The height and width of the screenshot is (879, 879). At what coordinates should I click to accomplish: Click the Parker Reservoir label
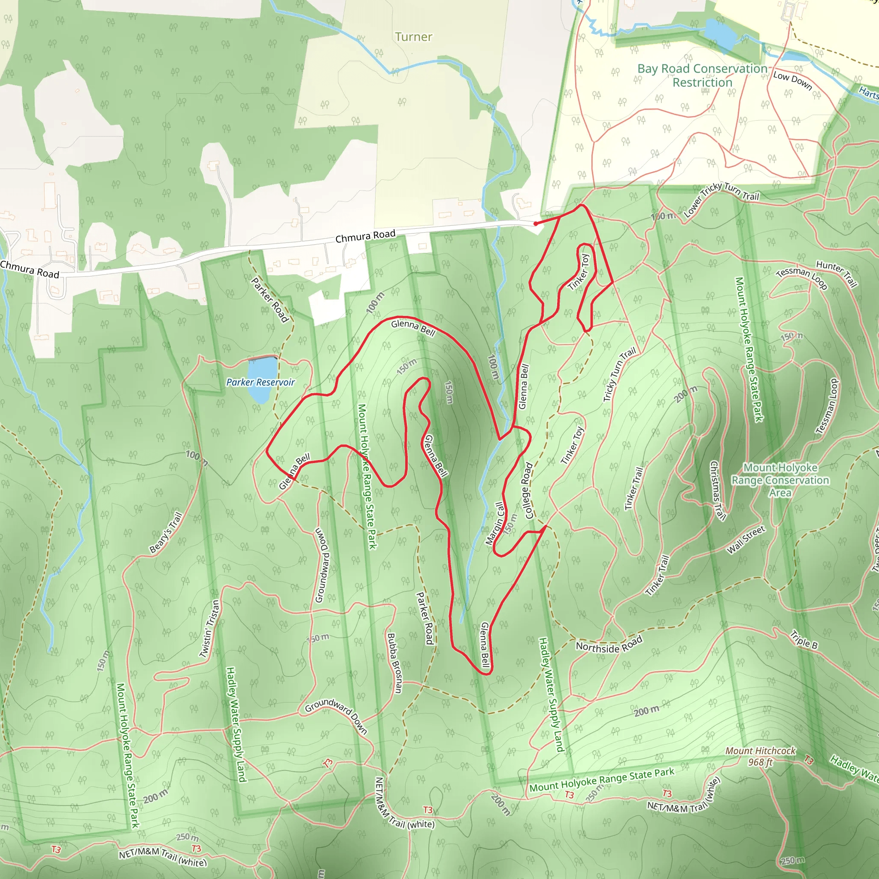click(260, 382)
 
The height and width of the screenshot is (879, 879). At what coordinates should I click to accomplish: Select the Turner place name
click(413, 37)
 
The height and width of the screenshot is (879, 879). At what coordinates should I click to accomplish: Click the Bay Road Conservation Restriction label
click(703, 76)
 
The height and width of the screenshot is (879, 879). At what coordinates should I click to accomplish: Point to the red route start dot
click(536, 223)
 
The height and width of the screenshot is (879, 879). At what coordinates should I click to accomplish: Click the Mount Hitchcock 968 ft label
click(760, 756)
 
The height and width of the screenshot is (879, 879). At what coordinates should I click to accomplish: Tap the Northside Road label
click(609, 644)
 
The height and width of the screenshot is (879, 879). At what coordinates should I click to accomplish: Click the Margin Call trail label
click(495, 523)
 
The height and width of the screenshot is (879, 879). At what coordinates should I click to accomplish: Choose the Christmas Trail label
click(718, 490)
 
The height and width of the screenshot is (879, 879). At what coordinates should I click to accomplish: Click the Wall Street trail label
click(746, 540)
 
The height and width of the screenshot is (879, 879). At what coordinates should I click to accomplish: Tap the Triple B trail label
click(803, 639)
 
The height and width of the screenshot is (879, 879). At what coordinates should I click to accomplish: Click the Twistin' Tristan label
click(210, 629)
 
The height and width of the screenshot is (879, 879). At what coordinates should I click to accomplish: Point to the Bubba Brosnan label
click(394, 664)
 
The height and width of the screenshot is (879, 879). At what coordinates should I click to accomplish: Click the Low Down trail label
click(793, 81)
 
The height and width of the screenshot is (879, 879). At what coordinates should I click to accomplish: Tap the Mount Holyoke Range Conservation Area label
click(780, 480)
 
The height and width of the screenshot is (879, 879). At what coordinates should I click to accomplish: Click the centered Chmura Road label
click(365, 236)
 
